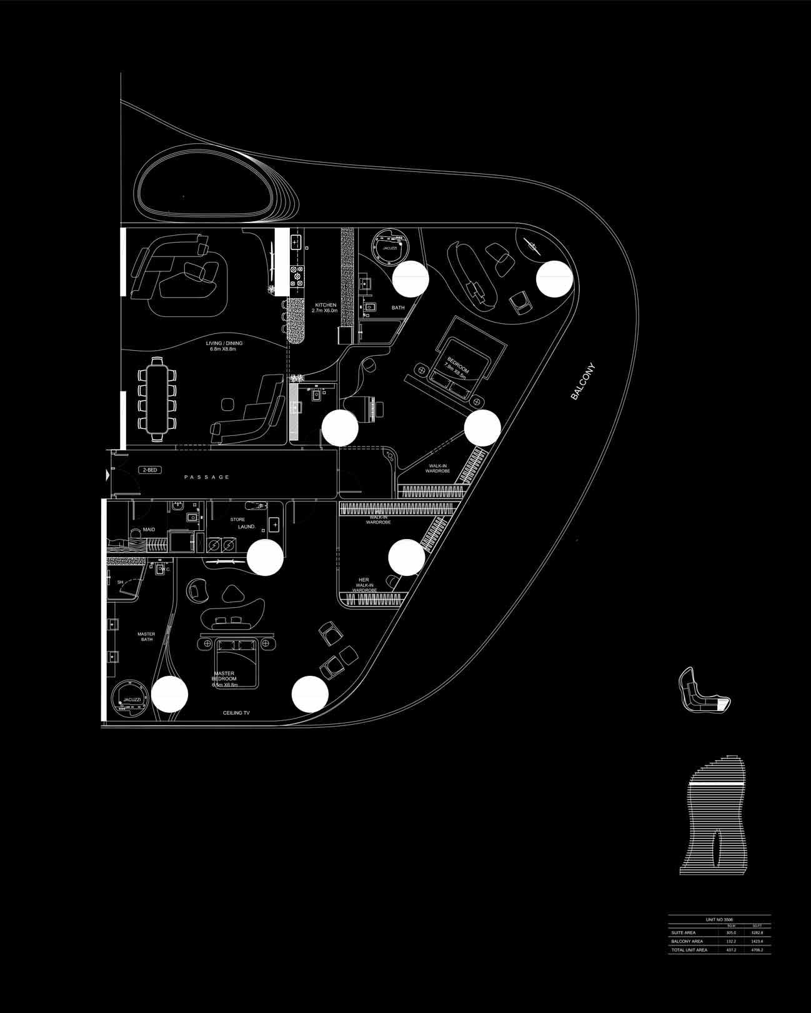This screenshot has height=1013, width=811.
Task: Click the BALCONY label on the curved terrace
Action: [584, 382]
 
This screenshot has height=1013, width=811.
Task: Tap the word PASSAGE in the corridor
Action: [207, 477]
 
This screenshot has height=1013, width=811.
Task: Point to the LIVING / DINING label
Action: [224, 346]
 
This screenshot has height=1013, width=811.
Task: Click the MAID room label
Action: [149, 530]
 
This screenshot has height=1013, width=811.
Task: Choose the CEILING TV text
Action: [236, 713]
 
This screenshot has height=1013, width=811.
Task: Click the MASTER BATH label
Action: [146, 637]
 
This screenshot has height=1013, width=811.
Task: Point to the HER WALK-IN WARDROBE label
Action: [363, 585]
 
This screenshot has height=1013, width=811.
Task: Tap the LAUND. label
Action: [247, 527]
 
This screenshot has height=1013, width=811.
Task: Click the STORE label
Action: [237, 519]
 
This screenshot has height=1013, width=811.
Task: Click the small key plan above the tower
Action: [704, 692]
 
